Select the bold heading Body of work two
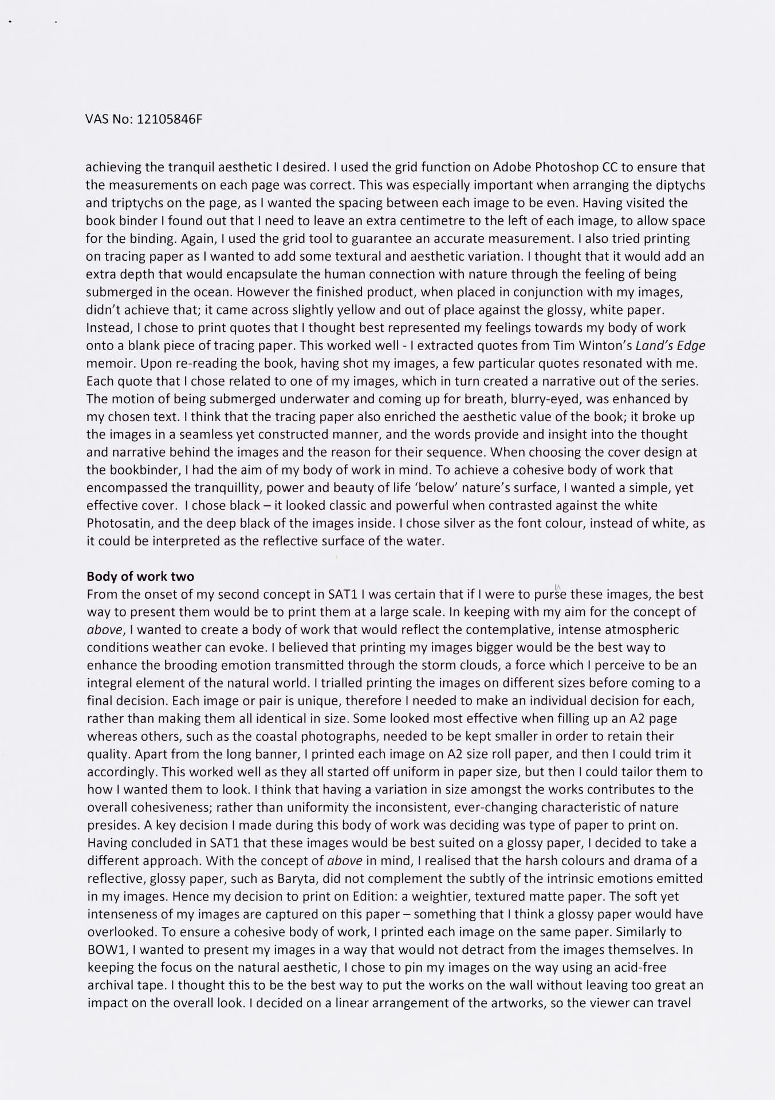click(x=140, y=576)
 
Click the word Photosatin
click(x=116, y=523)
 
